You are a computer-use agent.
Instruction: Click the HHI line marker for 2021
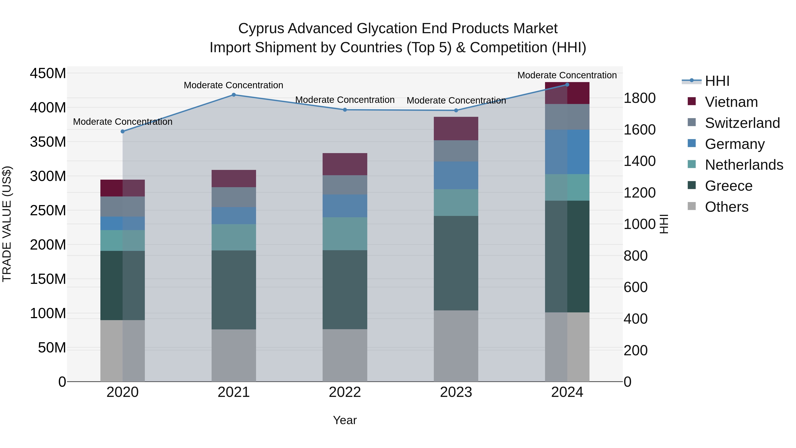tap(234, 95)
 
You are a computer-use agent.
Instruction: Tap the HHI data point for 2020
tap(123, 131)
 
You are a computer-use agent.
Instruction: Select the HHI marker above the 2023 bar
tap(456, 110)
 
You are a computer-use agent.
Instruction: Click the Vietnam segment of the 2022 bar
tap(345, 164)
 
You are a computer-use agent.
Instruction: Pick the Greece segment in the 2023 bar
tap(456, 263)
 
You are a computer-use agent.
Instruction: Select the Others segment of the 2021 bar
tap(234, 355)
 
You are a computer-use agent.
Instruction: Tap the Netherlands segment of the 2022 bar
tap(345, 234)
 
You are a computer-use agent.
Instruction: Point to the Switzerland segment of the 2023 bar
tap(456, 151)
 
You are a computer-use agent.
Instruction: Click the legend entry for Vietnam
tap(731, 102)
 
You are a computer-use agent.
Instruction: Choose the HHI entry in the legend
tap(717, 81)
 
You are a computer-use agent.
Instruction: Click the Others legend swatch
tap(692, 206)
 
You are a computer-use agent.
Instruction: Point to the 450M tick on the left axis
tap(48, 74)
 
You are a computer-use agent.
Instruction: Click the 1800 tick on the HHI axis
tap(639, 98)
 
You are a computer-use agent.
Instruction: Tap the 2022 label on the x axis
tap(345, 392)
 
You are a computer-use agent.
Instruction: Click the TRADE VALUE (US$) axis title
tap(7, 224)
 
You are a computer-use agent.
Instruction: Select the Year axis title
tap(345, 420)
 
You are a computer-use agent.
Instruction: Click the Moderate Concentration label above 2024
tap(567, 75)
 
